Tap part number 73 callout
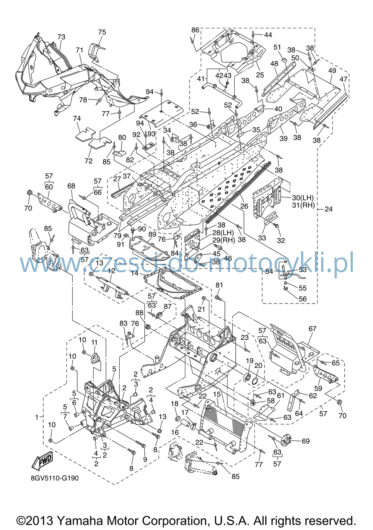[62, 37]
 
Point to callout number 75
[102, 32]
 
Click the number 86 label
[195, 30]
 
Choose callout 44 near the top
[268, 35]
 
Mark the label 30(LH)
[303, 197]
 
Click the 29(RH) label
[224, 240]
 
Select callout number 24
[329, 209]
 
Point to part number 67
[313, 329]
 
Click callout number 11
[94, 342]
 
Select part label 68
[71, 186]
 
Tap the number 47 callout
[344, 79]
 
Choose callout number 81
[219, 285]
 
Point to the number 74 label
[77, 118]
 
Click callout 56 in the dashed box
[303, 299]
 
